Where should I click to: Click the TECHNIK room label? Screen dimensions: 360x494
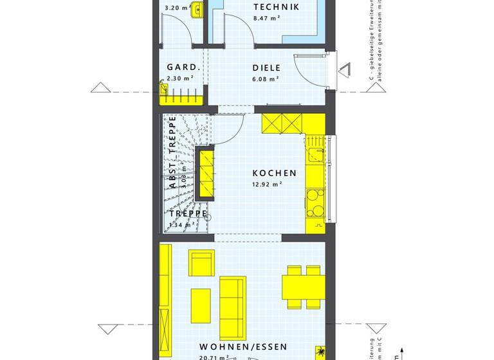pos(276,7)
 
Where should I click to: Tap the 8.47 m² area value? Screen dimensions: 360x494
pos(266,19)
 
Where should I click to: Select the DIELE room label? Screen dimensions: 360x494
pos(266,67)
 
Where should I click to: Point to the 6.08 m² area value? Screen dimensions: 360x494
pos(266,78)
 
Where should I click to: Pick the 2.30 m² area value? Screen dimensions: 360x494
pos(179,78)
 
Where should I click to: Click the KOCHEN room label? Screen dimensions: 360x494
pos(275,173)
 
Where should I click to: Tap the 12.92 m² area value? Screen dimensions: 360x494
pos(268,184)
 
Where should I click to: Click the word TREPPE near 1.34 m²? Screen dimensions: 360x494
pos(188,213)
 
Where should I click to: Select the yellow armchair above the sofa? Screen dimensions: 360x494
pos(201,264)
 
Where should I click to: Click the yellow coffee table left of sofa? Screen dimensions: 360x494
pos(201,305)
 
